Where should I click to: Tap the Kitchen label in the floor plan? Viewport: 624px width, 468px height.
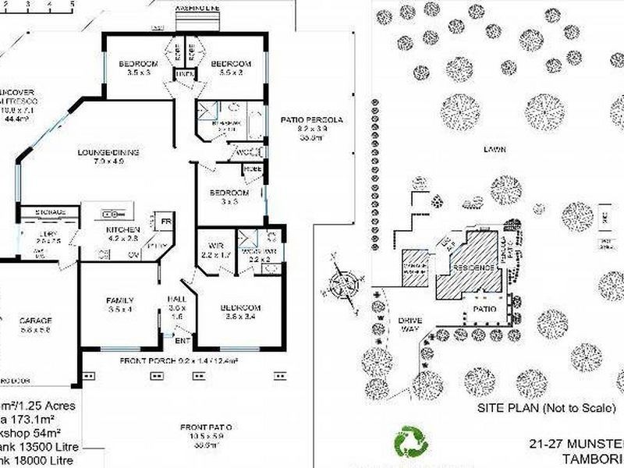pyautogui.click(x=122, y=230)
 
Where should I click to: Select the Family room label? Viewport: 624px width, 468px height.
pyautogui.click(x=120, y=300)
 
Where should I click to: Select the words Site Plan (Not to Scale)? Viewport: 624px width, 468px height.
pyautogui.click(x=546, y=409)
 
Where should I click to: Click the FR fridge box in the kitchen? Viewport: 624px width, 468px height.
pyautogui.click(x=165, y=222)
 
